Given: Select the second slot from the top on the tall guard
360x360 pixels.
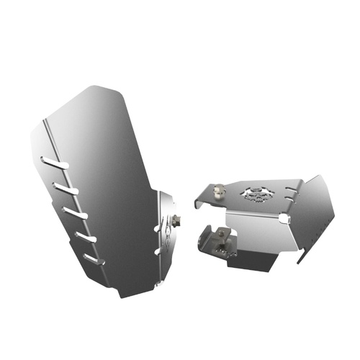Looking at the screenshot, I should click(66, 188).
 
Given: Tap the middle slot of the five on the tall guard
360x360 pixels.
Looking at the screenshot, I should click(75, 212).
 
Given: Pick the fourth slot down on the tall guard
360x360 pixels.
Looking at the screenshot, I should click(84, 236).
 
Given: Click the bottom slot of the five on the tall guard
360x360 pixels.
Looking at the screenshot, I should click(93, 258).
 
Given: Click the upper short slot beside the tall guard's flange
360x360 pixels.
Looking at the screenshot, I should click(158, 228).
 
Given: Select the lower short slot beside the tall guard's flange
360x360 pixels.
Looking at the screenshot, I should click(158, 251).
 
